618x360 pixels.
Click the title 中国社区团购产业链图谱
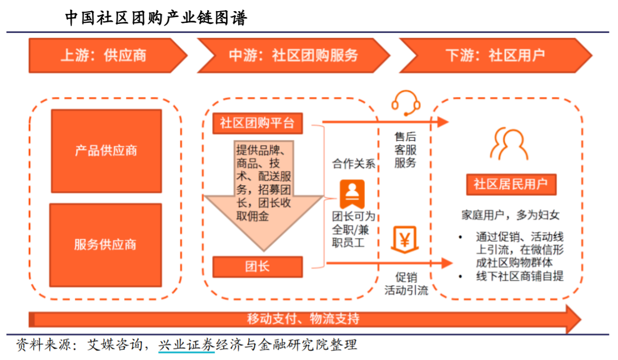[156, 18]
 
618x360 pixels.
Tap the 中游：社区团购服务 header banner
[293, 56]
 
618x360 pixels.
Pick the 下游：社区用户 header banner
[495, 56]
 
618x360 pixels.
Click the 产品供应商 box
[106, 151]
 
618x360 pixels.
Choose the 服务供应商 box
[106, 245]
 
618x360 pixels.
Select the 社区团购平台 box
[258, 123]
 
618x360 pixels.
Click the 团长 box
[258, 267]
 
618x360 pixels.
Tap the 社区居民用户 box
[511, 184]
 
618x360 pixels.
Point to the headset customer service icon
[405, 103]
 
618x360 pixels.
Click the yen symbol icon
[405, 239]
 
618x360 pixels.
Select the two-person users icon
[509, 143]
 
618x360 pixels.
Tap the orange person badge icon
[352, 194]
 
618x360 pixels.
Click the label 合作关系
[353, 164]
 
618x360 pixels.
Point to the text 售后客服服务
[405, 150]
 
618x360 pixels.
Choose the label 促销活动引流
[407, 284]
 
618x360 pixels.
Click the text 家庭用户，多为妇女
[511, 215]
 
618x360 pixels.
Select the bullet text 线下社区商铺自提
[520, 276]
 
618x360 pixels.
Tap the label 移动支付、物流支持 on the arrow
[303, 319]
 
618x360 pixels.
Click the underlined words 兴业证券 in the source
[187, 345]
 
